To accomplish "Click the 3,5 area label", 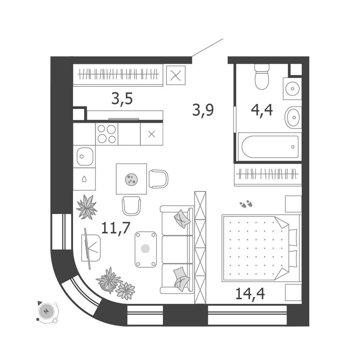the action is click(122, 99).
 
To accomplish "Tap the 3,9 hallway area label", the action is click(203, 110).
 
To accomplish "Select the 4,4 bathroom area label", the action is click(262, 110).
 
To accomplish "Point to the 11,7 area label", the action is click(116, 228).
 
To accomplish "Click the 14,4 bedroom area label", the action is click(250, 294).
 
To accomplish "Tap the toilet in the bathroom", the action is click(262, 77).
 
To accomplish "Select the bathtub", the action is click(270, 147).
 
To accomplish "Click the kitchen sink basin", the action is click(85, 156).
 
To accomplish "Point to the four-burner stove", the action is click(107, 134).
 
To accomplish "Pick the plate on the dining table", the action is click(131, 179).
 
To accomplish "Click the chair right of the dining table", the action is click(158, 179).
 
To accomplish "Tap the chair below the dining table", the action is click(131, 206).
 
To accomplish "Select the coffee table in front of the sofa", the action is click(146, 249).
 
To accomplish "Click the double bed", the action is click(261, 248).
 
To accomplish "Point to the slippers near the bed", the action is click(246, 204).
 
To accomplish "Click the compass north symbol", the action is click(46, 311).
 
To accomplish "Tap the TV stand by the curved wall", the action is click(91, 248).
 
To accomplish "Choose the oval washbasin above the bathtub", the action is click(293, 118).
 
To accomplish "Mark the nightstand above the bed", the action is click(293, 204).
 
